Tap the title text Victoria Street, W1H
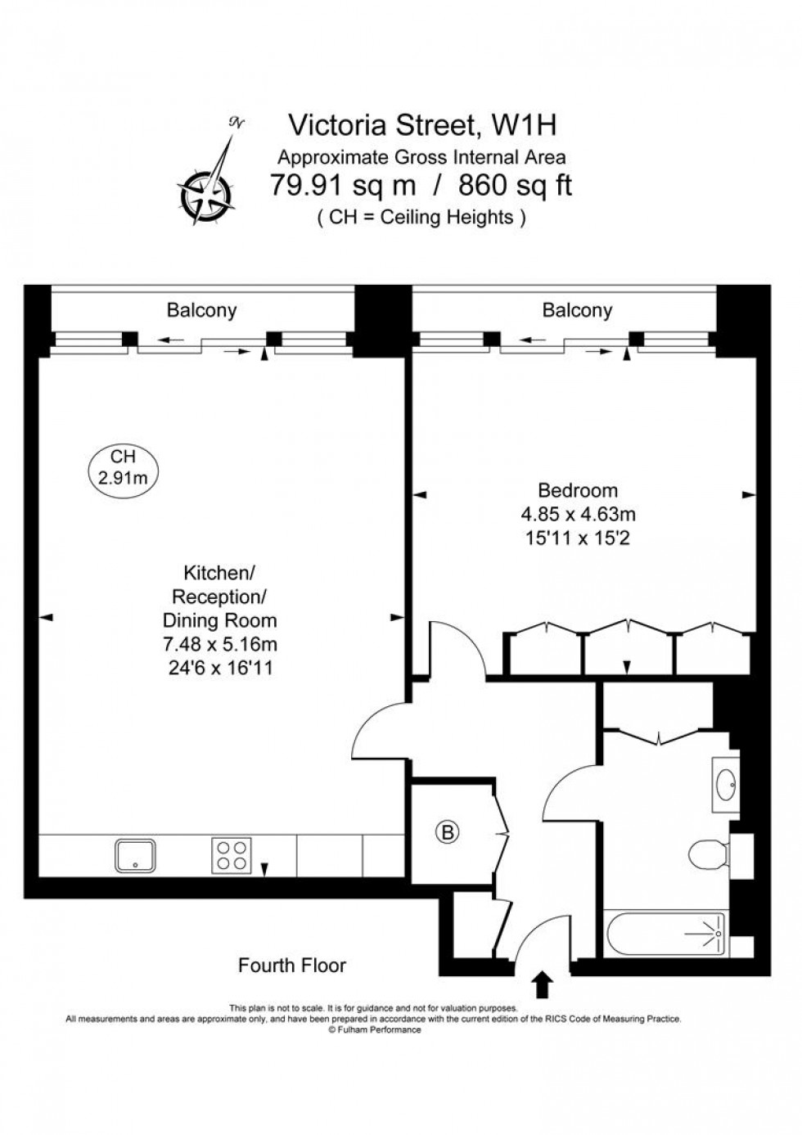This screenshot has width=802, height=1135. click(x=423, y=125)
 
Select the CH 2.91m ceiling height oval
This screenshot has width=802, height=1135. click(x=123, y=468)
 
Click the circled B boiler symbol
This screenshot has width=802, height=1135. click(x=447, y=833)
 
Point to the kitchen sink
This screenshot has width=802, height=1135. click(x=133, y=855)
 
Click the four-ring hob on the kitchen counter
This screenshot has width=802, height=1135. click(x=232, y=855)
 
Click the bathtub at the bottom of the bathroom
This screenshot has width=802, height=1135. click(x=665, y=932)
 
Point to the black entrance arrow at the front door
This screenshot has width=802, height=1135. click(x=541, y=984)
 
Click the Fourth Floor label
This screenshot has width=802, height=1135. click(x=292, y=966)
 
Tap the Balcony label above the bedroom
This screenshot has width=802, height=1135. click(x=577, y=311)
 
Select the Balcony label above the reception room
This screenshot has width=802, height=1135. click(x=201, y=311)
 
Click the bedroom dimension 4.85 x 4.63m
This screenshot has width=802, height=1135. click(x=578, y=515)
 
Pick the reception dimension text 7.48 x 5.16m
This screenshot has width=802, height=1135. click(x=219, y=645)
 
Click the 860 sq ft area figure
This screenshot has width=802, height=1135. click(x=515, y=187)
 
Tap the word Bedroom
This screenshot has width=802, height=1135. click(x=578, y=491)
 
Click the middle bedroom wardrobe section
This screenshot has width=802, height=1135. click(x=628, y=650)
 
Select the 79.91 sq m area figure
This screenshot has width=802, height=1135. click(x=344, y=187)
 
